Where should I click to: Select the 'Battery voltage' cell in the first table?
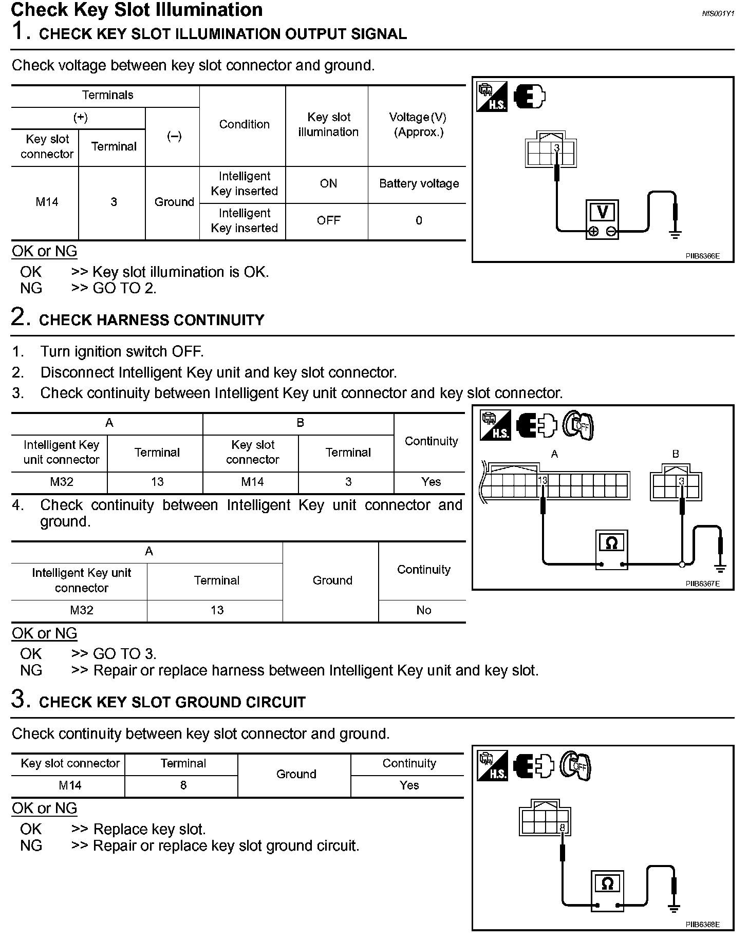[419, 184]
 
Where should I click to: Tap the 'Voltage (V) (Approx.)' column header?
[418, 125]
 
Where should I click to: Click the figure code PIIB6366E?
[702, 256]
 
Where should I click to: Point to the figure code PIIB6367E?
[702, 584]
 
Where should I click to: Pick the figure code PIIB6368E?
[702, 925]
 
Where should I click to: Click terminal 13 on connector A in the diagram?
[543, 481]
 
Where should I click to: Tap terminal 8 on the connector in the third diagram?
[562, 828]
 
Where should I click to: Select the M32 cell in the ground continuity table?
[81, 610]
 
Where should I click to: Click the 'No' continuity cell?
[423, 610]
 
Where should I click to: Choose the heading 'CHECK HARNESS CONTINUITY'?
[152, 320]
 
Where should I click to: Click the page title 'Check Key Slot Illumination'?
[137, 10]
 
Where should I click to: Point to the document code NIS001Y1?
[718, 14]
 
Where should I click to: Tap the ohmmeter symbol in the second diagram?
[611, 543]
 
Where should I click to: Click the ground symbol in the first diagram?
[675, 234]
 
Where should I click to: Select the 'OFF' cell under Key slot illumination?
[328, 221]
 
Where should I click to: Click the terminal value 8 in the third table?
[183, 785]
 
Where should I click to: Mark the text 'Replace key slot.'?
[149, 830]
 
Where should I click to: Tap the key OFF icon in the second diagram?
[578, 425]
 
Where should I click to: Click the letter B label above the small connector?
[676, 454]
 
